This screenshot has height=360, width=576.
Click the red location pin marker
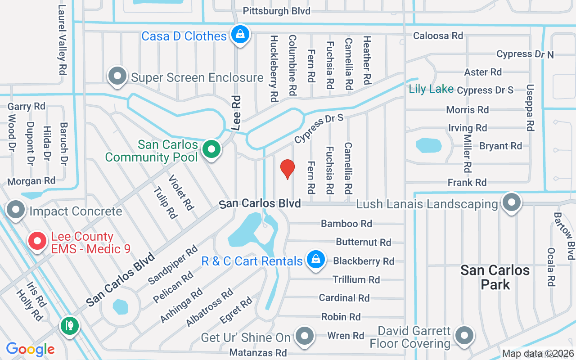pos(288,168)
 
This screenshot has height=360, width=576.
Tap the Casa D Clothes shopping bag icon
pos(240,35)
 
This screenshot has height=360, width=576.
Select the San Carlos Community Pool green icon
pos(211,149)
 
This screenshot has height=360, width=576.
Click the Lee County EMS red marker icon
pos(38,241)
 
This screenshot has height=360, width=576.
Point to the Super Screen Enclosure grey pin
pos(118,76)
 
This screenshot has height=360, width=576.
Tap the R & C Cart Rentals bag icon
pos(316,260)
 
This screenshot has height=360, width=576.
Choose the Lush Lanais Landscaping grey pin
pos(511,202)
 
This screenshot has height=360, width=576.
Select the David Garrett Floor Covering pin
pos(463,335)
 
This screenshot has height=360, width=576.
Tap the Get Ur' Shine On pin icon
pos(305,335)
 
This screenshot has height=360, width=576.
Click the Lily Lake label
pos(431,89)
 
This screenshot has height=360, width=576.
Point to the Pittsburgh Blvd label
pos(277,11)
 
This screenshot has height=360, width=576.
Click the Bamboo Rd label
pos(346,223)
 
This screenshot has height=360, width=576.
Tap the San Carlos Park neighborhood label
pos(495,277)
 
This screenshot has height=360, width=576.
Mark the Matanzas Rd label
pos(258,352)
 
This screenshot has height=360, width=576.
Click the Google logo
pos(30,349)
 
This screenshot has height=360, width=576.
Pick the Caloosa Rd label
pos(438,36)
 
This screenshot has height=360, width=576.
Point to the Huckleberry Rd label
pos(274,68)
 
